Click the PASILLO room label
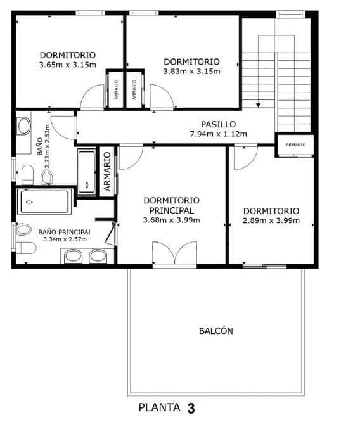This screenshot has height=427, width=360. tap(219, 124)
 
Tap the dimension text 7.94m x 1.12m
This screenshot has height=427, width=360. tap(219, 134)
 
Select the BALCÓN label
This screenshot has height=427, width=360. tap(216, 331)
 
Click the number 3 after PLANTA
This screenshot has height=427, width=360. tap(191, 409)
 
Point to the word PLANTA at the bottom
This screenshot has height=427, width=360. tap(160, 408)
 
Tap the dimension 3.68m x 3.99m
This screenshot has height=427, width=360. tap(172, 220)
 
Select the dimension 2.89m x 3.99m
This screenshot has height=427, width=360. tap(271, 220)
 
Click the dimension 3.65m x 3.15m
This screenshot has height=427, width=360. tap(67, 64)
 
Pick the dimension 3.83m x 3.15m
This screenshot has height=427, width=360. tap(191, 71)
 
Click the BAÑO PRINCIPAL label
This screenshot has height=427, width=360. tap(65, 232)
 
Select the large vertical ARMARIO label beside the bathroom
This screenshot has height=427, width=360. tap(107, 171)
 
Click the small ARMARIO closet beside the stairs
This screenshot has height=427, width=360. tap(295, 145)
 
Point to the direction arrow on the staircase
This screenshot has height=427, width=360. tap(258, 105)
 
